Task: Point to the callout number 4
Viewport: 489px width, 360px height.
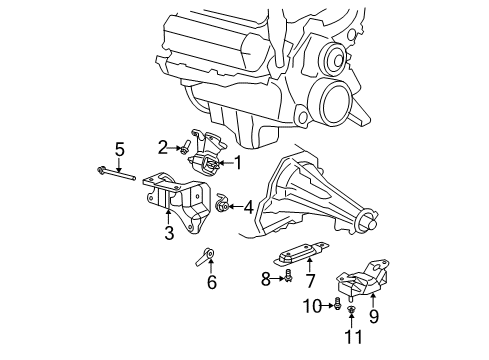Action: (x=249, y=208)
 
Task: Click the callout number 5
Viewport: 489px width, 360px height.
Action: (x=119, y=150)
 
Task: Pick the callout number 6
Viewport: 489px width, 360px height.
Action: (x=211, y=283)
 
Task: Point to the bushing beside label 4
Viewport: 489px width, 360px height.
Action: (x=225, y=206)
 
